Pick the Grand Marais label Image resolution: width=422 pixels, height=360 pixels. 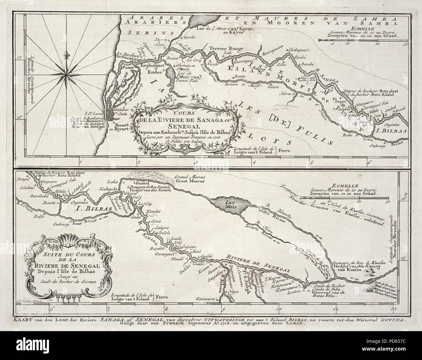pos(190,177)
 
